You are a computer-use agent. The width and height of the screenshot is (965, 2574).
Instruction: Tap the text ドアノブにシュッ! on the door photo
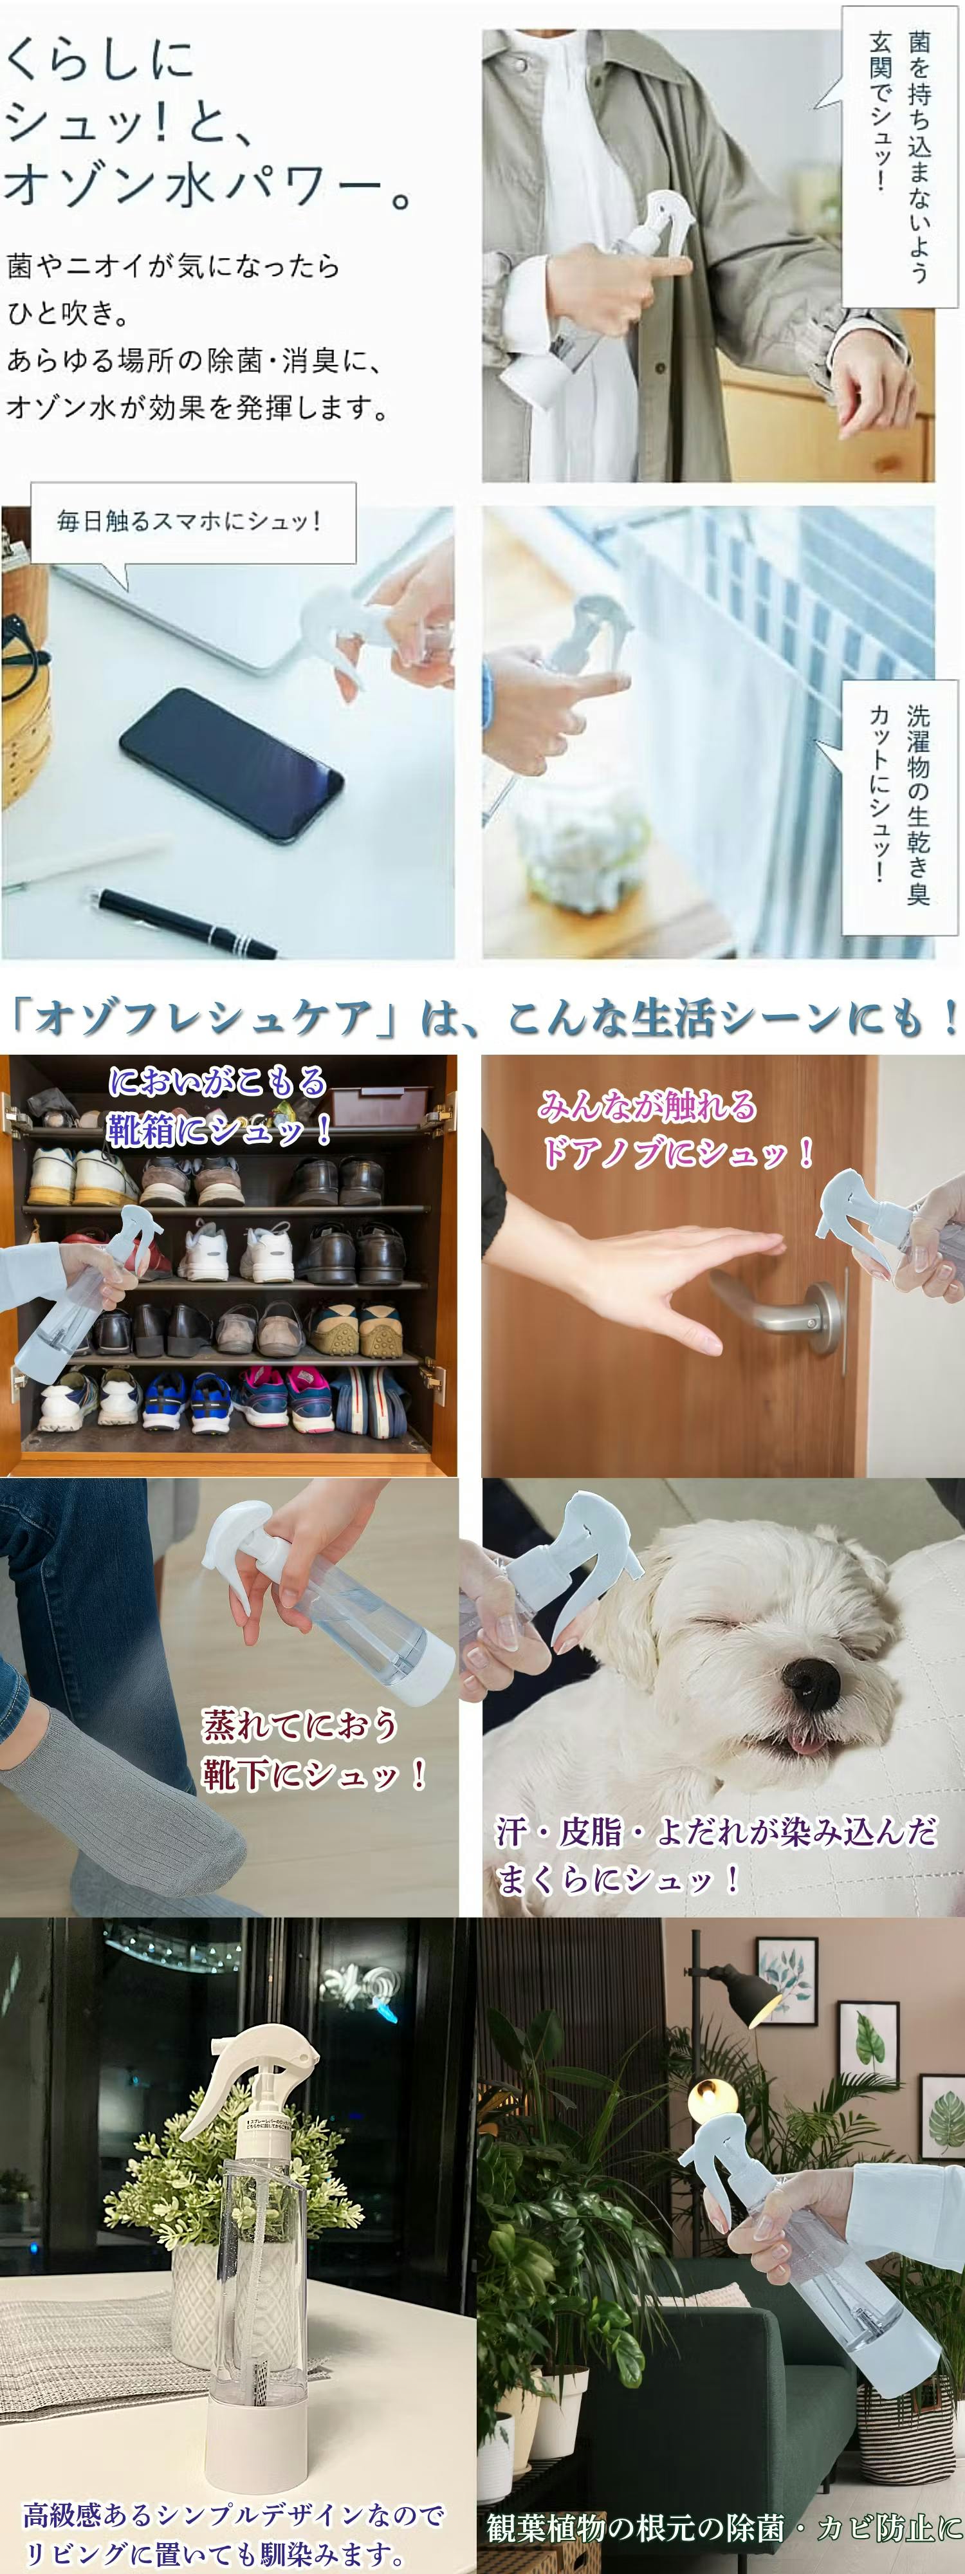tap(677, 1154)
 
